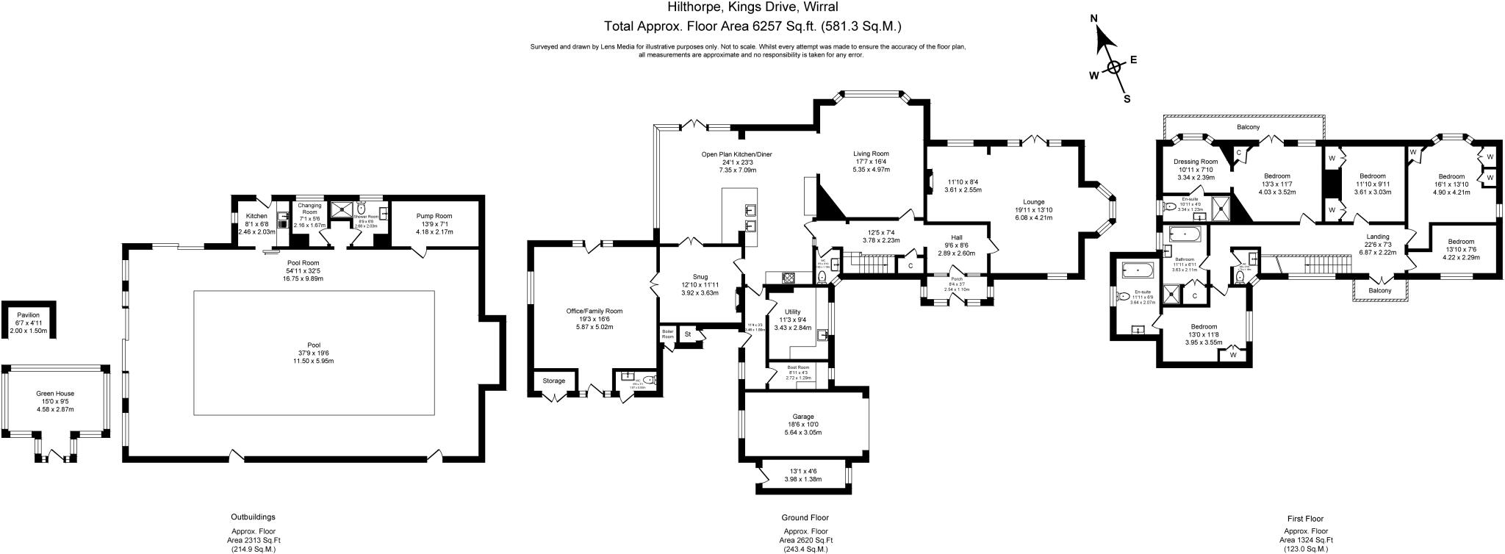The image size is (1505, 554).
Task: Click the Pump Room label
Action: point(434,216)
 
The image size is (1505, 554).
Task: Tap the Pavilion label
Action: point(28,315)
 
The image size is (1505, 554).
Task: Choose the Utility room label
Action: point(792,312)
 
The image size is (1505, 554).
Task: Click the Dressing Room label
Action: point(1196,162)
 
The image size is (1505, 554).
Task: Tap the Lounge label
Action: point(1033,201)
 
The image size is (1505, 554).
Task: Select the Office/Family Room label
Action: point(594,311)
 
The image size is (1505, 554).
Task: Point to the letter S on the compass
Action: point(1127,99)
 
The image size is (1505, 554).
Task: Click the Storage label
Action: point(554,381)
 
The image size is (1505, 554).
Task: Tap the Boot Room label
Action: point(798,367)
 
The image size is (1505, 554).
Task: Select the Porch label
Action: point(956,279)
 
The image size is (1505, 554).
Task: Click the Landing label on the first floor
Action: point(1377,237)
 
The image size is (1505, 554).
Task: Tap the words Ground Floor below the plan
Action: point(805,518)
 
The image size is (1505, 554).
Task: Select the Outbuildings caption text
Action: point(253,517)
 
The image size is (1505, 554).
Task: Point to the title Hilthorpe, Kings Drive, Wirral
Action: point(752,7)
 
